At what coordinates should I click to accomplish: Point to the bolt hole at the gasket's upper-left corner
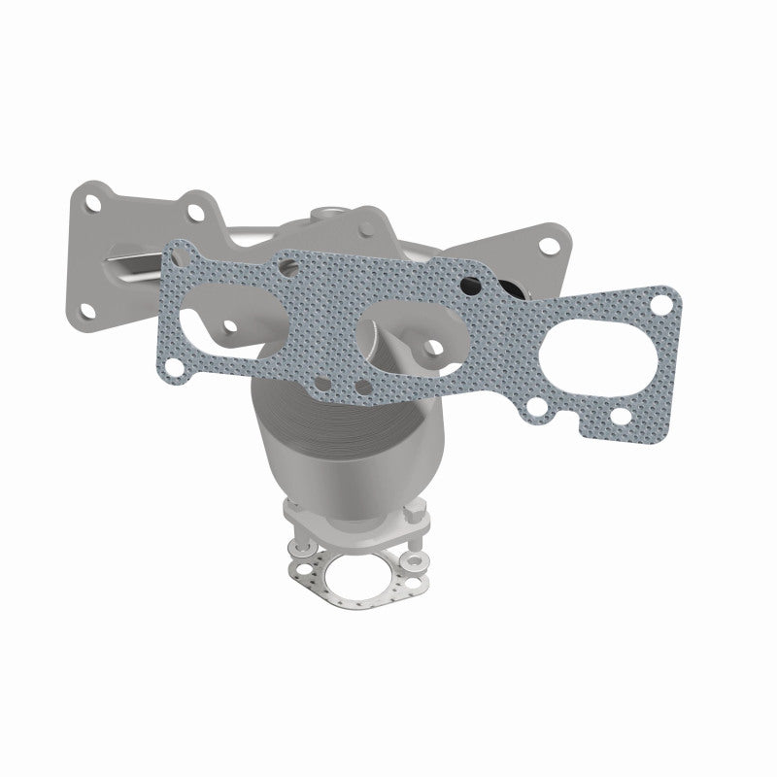pyautogui.click(x=174, y=255)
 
